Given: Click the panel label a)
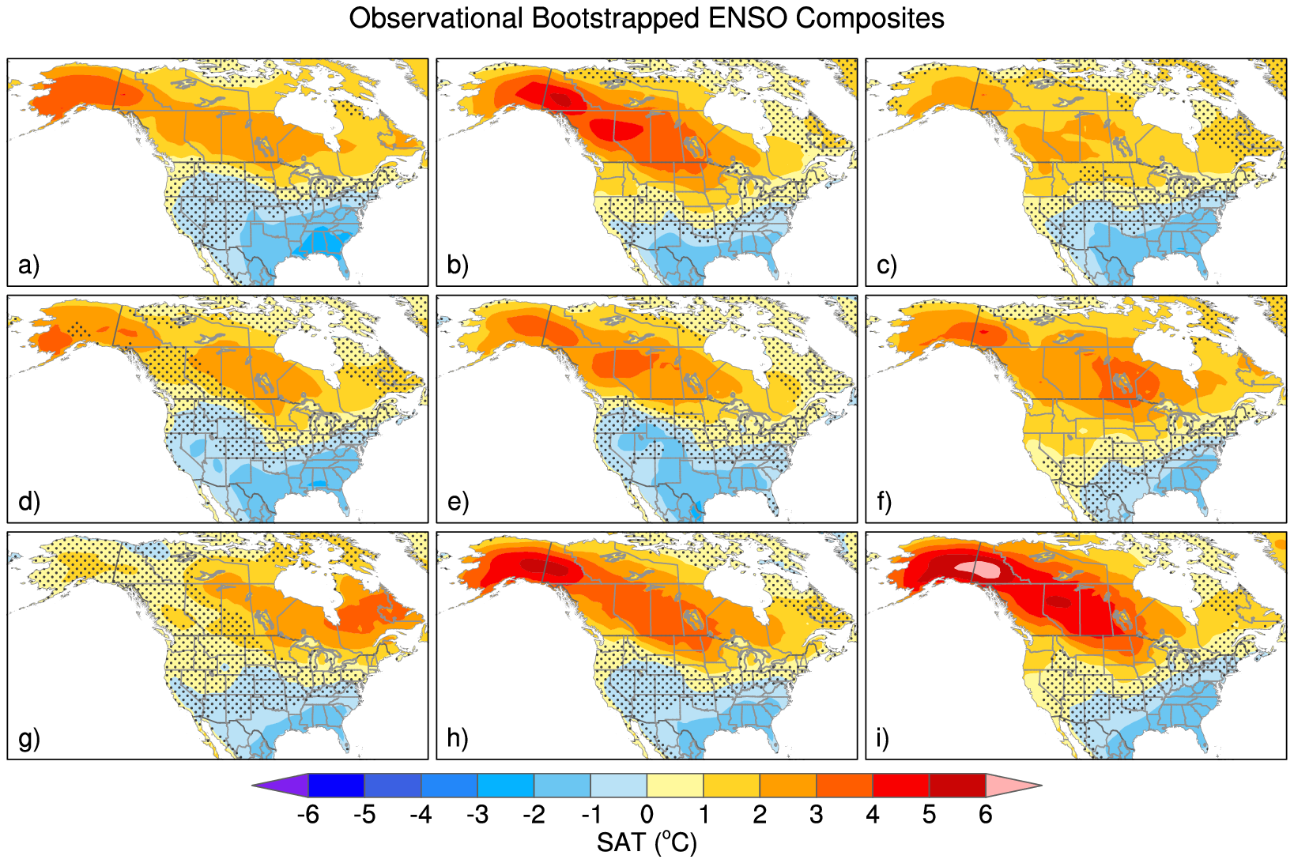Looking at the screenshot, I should click(28, 265).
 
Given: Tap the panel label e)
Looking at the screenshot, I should click(458, 501).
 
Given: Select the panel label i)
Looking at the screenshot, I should click(882, 738).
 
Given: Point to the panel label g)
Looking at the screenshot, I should click(28, 738).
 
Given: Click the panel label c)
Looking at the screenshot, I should click(887, 265).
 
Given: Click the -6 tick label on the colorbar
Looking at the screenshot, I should click(307, 815).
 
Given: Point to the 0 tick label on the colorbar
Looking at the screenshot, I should click(647, 815).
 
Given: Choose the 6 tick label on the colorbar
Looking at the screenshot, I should click(985, 815).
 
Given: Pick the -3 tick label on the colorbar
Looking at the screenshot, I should click(477, 815).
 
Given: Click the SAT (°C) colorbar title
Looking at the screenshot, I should click(647, 842).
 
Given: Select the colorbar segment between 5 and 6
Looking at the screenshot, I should click(957, 786).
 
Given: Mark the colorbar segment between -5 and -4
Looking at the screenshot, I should click(392, 786).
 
